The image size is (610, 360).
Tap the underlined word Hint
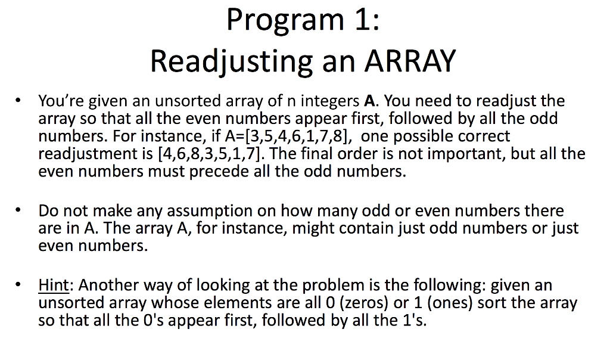pyautogui.click(x=54, y=285)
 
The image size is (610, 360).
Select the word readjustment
pyautogui.click(x=89, y=154)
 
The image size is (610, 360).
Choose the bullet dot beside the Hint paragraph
pyautogui.click(x=21, y=284)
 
